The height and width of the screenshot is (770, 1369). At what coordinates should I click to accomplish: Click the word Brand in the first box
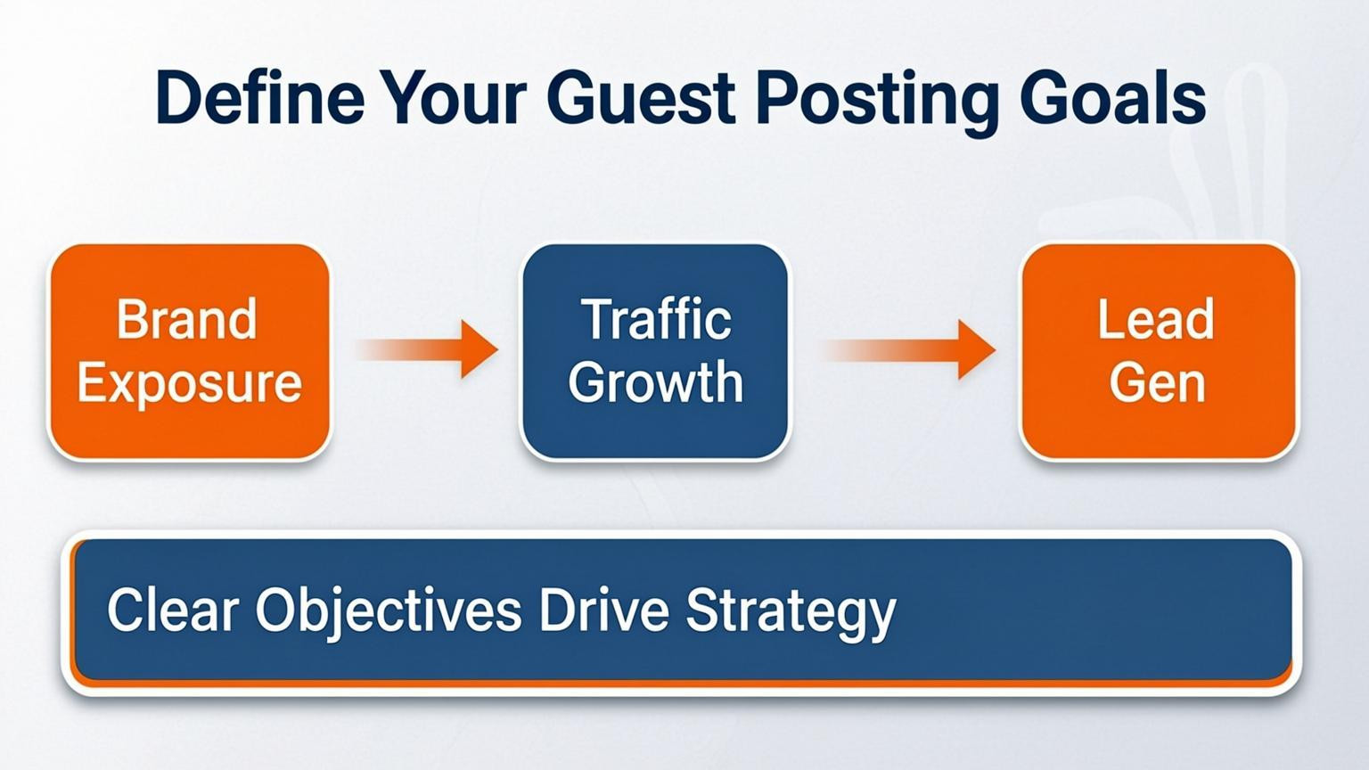pyautogui.click(x=187, y=319)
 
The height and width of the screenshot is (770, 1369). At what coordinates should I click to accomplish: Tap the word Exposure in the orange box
pyautogui.click(x=189, y=383)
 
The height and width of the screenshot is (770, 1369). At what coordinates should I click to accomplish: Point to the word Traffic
pyautogui.click(x=656, y=319)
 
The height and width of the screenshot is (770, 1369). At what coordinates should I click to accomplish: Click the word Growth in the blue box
pyautogui.click(x=656, y=383)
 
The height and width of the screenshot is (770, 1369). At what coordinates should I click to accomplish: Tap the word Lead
pyautogui.click(x=1156, y=319)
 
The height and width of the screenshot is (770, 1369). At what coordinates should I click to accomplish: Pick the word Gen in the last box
pyautogui.click(x=1157, y=383)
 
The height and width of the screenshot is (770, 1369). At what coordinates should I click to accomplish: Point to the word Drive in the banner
pyautogui.click(x=603, y=610)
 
